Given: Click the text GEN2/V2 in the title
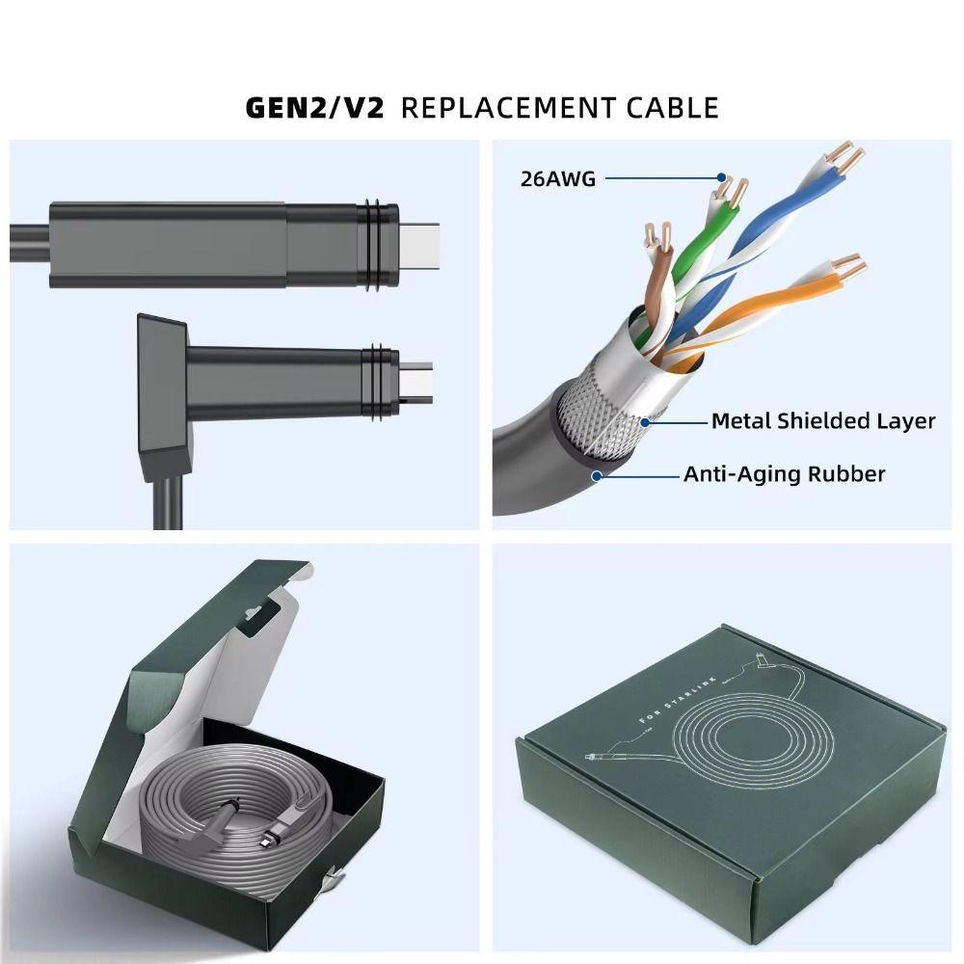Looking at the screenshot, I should pos(315,106).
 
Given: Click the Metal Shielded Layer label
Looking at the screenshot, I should pos(822,421).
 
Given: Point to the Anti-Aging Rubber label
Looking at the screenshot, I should pos(784,473).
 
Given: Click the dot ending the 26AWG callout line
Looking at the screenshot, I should pos(720,177).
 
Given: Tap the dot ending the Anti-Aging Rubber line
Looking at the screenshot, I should pos(598,474).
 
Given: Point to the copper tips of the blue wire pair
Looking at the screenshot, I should pos(848,154).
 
